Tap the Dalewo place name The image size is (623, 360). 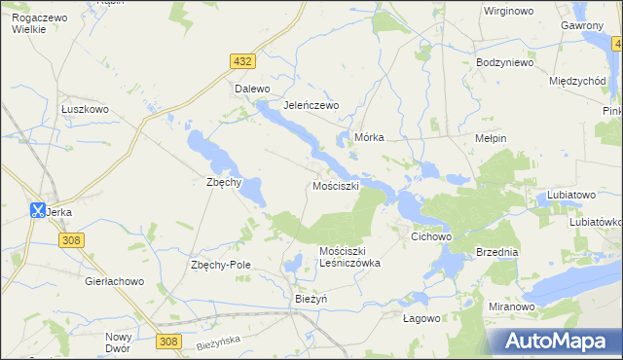tap(252, 89)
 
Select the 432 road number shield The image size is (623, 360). tap(243, 61)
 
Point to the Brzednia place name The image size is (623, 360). tap(497, 251)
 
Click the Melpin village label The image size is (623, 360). tap(490, 138)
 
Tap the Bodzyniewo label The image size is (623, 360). tap(505, 62)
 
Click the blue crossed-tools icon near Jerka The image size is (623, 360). tap(37, 209)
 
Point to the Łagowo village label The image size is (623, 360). tap(422, 317)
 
